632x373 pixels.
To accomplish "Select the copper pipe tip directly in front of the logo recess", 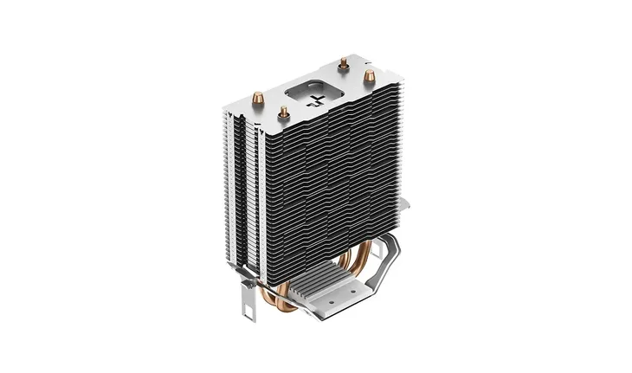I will (282, 111).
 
